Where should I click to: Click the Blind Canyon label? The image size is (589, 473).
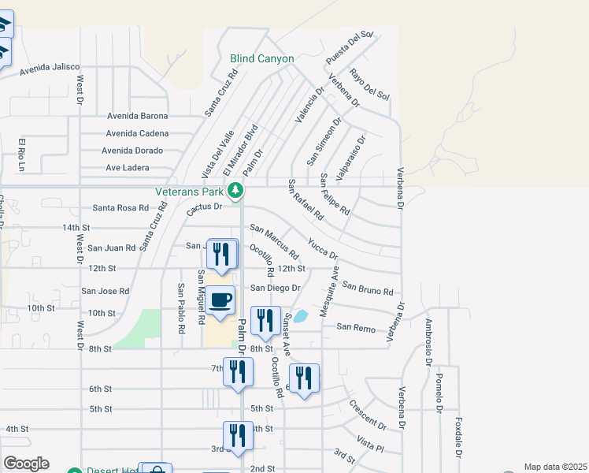[x=262, y=58]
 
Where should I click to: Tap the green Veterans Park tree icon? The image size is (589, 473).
[x=235, y=190]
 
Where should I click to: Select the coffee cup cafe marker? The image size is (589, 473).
[x=222, y=301]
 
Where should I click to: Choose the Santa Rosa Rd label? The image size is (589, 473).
[x=120, y=208]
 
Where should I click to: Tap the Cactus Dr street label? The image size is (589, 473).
[x=205, y=210]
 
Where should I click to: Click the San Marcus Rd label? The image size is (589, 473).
[x=274, y=242]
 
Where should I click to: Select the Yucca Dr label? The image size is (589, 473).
[x=323, y=249]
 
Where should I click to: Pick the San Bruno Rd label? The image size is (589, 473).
[x=368, y=289]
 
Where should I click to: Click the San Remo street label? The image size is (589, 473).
[x=353, y=326]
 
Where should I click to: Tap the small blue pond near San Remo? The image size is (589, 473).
[x=301, y=316]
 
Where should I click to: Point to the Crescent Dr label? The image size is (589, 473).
[x=368, y=415]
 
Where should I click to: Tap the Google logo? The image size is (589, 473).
[x=25, y=464]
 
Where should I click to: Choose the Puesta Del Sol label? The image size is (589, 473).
[x=349, y=49]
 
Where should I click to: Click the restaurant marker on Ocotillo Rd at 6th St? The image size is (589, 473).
[x=304, y=378]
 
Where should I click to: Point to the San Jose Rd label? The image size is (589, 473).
[x=106, y=291]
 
